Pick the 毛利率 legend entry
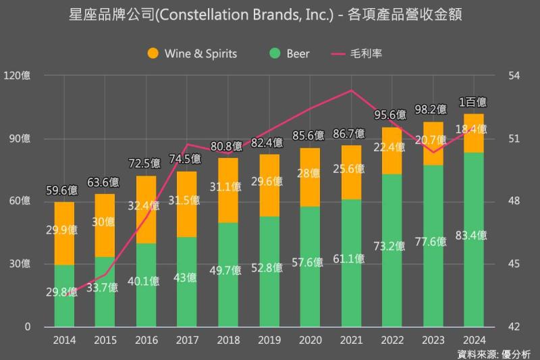pos(357,53)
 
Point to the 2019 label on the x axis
pos(269,340)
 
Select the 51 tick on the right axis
pos(514,138)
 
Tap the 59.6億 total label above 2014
pos(59,191)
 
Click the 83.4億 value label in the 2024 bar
pos(473,236)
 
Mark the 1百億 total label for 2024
pos(473,103)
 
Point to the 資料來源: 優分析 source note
pos(494,353)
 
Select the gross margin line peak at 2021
pos(352,91)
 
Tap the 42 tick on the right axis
pos(514,327)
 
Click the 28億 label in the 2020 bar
pos(310,174)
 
